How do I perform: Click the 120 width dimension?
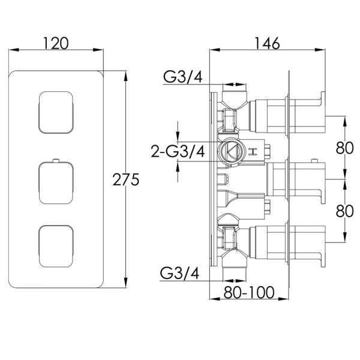[x=56, y=43]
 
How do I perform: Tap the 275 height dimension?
[x=126, y=179]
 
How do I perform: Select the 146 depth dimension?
[x=267, y=43]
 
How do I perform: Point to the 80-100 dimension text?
[x=249, y=292]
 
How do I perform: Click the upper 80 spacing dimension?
[x=344, y=148]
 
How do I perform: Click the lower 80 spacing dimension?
[x=344, y=211]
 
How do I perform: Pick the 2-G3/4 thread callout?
[x=178, y=151]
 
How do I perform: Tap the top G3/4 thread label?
[x=183, y=76]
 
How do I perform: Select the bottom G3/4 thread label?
[x=180, y=273]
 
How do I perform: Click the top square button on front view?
[x=56, y=113]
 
